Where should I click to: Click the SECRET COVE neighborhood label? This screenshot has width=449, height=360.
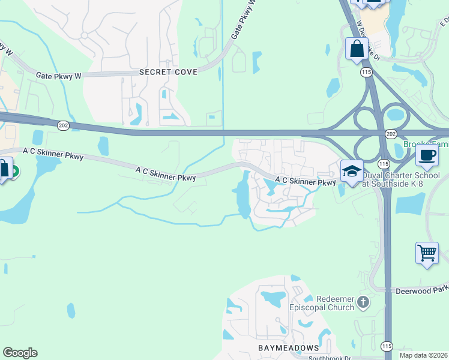(168, 72)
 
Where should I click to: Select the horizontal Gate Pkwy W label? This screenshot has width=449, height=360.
(58, 76)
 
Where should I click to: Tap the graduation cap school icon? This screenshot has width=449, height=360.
(351, 171)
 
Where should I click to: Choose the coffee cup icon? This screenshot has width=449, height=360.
(427, 155)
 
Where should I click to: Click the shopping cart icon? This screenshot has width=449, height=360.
(427, 253)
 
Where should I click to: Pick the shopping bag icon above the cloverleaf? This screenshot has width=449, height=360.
(357, 49)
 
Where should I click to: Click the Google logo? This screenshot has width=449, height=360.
(20, 353)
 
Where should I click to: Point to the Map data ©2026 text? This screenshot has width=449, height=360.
(423, 355)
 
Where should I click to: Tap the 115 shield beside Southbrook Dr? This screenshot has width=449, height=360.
(387, 346)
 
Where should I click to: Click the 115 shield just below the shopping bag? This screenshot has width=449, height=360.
(366, 72)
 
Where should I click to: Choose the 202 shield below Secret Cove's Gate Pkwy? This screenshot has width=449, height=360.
(63, 125)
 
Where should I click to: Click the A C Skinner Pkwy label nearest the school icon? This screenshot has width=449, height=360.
(305, 181)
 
